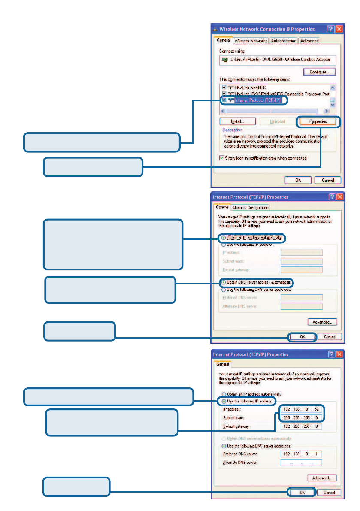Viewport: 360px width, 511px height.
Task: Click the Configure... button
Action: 319,72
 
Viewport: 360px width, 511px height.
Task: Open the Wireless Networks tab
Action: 251,41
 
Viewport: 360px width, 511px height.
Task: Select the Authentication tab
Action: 283,41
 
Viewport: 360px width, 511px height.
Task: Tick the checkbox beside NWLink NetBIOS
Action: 224,88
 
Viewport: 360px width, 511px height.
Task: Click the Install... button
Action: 237,121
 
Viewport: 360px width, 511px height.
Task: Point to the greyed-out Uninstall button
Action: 278,121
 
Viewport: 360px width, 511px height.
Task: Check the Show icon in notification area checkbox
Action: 221,158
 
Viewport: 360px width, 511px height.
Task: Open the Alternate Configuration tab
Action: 250,208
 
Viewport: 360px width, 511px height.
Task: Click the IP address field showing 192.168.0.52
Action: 301,409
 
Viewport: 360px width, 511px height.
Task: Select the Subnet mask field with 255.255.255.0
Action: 301,417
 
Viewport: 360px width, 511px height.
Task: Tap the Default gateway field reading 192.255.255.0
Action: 301,426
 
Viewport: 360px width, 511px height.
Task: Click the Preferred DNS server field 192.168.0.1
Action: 301,454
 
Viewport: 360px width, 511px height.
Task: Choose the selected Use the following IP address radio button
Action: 223,401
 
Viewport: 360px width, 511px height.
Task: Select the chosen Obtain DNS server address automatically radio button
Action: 223,282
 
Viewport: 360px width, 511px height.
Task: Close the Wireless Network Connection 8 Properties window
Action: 339,29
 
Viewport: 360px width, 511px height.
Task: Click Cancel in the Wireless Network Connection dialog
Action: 328,180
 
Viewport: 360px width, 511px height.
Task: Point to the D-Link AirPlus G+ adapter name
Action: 278,60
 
